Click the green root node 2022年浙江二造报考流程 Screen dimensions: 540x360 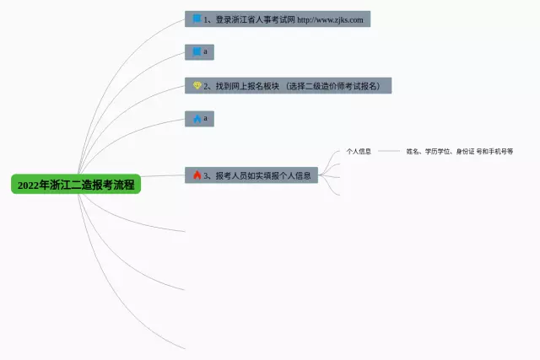coord(76,184)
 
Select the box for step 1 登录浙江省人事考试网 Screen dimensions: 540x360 coord(277,19)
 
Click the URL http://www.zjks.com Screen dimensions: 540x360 coord(332,19)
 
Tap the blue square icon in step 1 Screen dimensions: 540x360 coord(197,19)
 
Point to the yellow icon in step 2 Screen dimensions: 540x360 coord(197,86)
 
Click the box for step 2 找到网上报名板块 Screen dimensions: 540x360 coord(288,86)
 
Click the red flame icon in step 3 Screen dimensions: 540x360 coord(197,175)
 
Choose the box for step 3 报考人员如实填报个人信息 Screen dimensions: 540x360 coord(251,175)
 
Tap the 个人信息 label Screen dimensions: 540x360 coord(359,151)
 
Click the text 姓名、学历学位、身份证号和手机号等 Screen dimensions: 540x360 coord(460,151)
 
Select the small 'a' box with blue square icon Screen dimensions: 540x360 coord(199,52)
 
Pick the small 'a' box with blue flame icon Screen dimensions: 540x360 coord(199,119)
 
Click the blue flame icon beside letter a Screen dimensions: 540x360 coord(197,119)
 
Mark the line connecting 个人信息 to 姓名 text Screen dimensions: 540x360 coord(388,151)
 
